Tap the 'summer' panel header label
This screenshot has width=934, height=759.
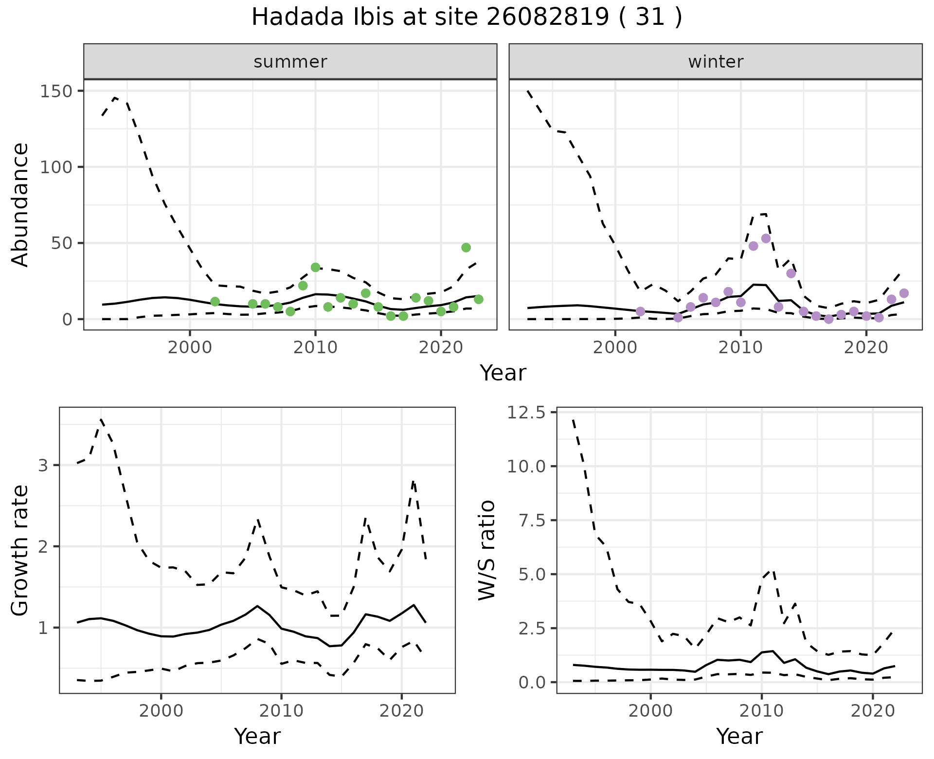[x=290, y=62]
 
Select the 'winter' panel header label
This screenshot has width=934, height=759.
[x=716, y=62]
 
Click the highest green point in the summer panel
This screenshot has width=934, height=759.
[x=466, y=248]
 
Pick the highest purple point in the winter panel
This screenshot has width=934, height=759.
[x=766, y=238]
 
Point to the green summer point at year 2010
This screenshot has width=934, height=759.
[x=315, y=267]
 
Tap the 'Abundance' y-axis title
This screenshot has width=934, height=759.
[x=20, y=204]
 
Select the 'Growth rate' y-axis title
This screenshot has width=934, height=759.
[x=20, y=550]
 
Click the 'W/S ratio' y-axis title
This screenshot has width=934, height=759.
[x=487, y=550]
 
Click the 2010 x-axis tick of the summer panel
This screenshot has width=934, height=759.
[x=315, y=348]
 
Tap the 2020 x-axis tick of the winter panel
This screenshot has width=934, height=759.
[x=866, y=348]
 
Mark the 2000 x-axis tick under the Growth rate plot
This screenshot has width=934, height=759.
[x=161, y=711]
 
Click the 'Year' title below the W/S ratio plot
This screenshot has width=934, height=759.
[x=739, y=737]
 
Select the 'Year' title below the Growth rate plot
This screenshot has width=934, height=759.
[x=257, y=737]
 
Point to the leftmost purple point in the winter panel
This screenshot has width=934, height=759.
[x=640, y=311]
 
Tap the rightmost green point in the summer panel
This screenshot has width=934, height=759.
[x=478, y=299]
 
